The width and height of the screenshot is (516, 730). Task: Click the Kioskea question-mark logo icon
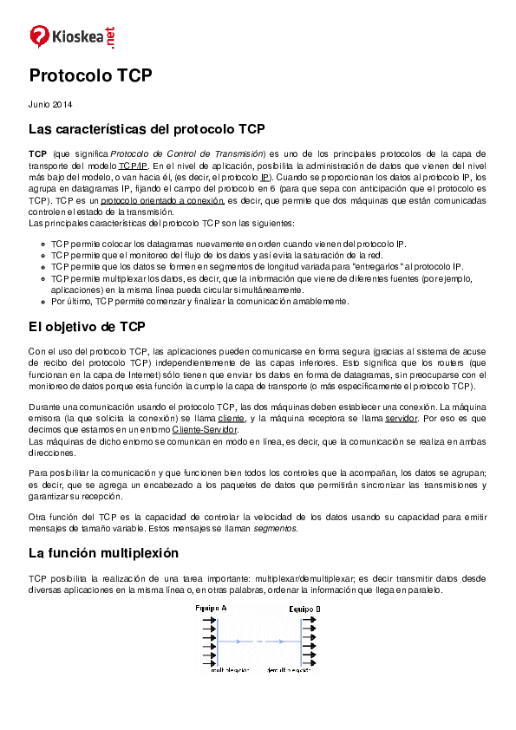tap(40, 36)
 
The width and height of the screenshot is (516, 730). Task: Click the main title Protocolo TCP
tap(90, 76)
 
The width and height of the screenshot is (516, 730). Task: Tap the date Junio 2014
tap(50, 105)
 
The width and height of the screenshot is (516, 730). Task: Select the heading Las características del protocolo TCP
tap(147, 129)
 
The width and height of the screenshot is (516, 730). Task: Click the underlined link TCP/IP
tap(134, 164)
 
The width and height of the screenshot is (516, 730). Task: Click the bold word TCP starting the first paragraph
tap(37, 153)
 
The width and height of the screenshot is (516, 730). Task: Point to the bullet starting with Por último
tap(199, 302)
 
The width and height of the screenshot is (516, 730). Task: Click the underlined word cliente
tap(232, 418)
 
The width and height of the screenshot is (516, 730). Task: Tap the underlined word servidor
tap(401, 418)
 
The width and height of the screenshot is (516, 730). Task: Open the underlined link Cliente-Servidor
tap(205, 429)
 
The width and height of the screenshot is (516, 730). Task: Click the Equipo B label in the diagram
tap(304, 609)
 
